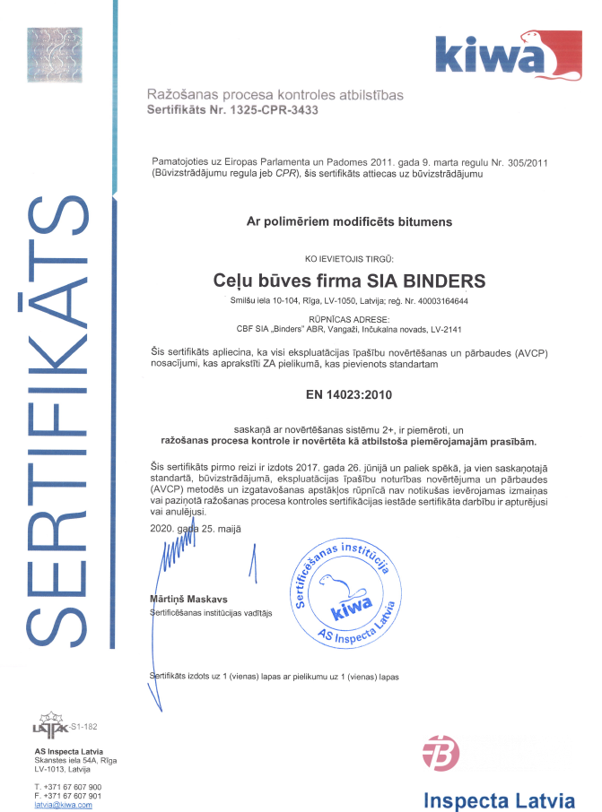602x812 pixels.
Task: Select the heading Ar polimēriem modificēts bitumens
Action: [x=350, y=220]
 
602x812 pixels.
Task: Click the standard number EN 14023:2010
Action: [x=349, y=393]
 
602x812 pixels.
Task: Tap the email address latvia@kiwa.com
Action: [x=64, y=805]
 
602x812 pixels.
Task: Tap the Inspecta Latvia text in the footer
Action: [x=498, y=799]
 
